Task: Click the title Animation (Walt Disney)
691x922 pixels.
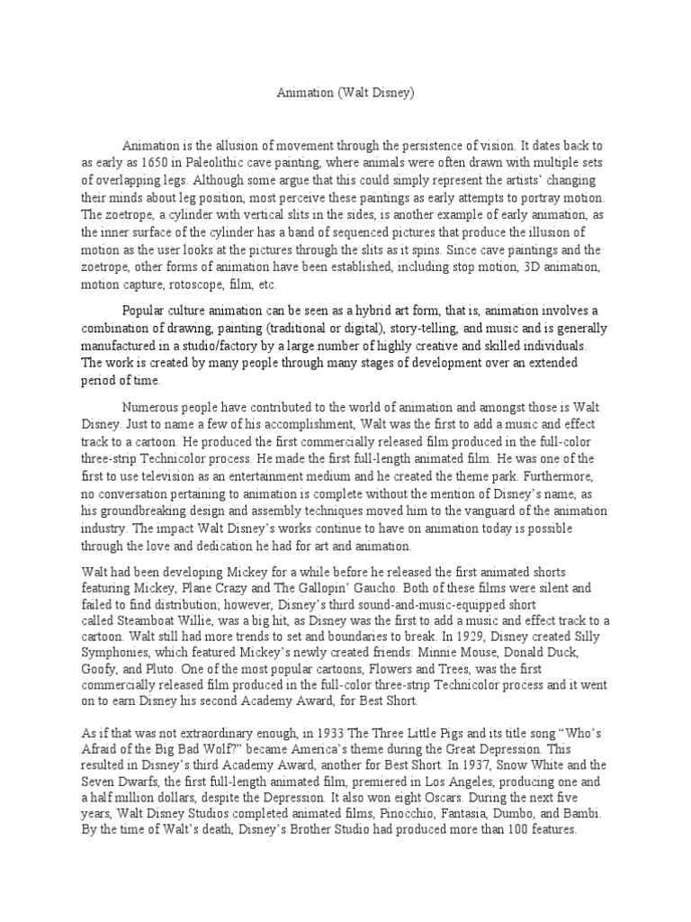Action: point(345,92)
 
